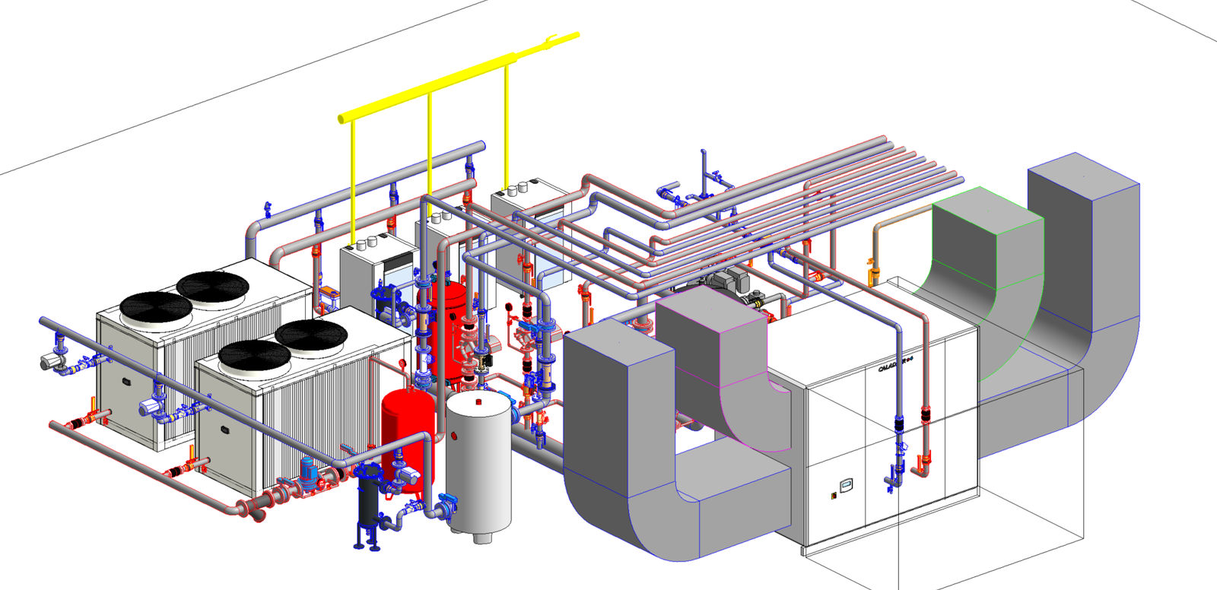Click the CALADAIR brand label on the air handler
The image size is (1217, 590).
[x=894, y=364]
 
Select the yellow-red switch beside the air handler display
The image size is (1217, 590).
[x=834, y=495]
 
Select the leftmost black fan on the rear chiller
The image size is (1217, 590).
[x=156, y=306]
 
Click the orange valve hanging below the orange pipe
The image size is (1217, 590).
[x=873, y=269]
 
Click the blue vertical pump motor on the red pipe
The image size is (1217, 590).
[x=309, y=471]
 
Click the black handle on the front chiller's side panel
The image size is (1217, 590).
[x=225, y=430]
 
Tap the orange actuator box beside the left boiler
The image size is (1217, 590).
[x=329, y=293]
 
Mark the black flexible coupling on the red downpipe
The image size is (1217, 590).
[x=926, y=416]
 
